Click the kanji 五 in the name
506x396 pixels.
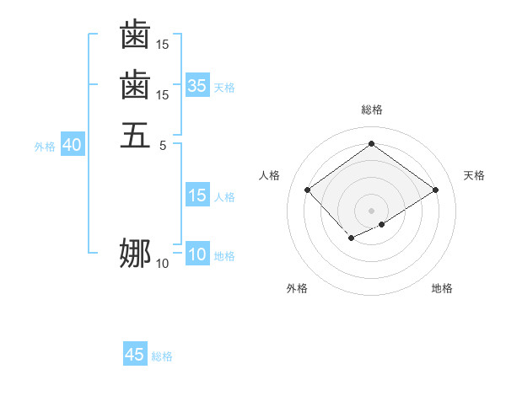pos(135,134)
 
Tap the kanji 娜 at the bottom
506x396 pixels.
pos(135,253)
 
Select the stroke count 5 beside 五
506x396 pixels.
pos(163,144)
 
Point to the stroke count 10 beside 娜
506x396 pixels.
pos(162,264)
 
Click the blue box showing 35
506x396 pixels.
pos(196,85)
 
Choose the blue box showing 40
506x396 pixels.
pos(72,145)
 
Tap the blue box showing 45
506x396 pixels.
pos(135,355)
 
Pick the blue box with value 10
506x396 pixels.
pos(196,255)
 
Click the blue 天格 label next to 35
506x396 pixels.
pos(224,87)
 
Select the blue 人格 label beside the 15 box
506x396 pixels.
pos(224,197)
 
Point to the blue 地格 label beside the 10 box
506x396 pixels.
pos(224,256)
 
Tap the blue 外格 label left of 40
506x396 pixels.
pos(45,146)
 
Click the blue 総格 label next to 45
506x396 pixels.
pos(162,356)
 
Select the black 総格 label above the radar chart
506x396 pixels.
pos(371,110)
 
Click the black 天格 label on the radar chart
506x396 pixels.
pos(474,175)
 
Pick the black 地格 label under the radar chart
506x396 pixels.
pos(442,288)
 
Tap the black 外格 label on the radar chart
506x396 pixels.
pos(297,288)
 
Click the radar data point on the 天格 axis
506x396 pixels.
pos(435,190)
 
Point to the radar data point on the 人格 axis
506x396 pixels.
pos(307,190)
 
